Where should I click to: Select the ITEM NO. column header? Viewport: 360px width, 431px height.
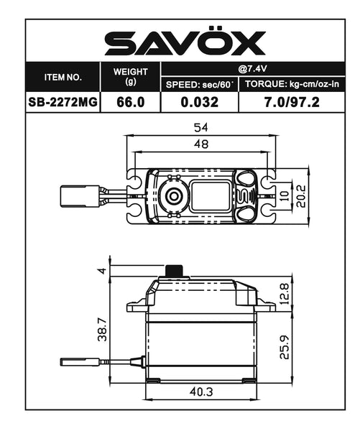[x=63, y=76]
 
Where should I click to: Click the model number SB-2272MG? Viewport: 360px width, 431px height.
[x=63, y=102]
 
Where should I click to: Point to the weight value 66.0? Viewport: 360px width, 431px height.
[x=131, y=102]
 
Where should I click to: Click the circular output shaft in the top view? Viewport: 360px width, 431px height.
[x=173, y=195]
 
